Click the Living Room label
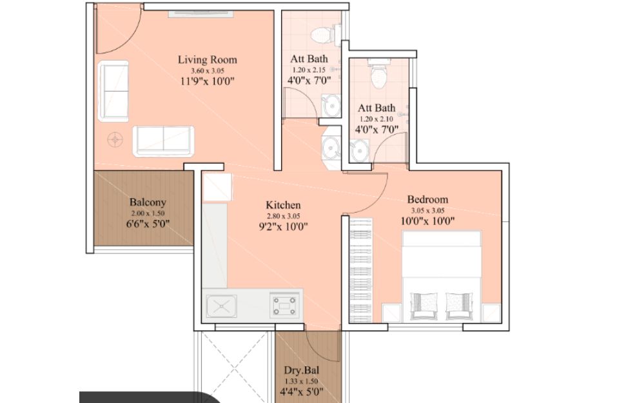pyautogui.click(x=208, y=60)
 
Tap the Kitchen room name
pyautogui.click(x=283, y=205)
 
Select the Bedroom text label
pyautogui.click(x=427, y=199)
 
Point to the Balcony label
pyautogui.click(x=148, y=202)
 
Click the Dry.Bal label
pyautogui.click(x=302, y=370)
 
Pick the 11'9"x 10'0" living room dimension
pyautogui.click(x=208, y=81)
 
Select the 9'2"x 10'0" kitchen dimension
pyautogui.click(x=283, y=227)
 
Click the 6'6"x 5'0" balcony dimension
pyautogui.click(x=148, y=224)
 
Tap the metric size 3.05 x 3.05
pyautogui.click(x=427, y=211)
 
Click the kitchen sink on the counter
pyautogui.click(x=222, y=306)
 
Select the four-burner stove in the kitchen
pyautogui.click(x=284, y=305)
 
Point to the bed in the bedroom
pyautogui.click(x=442, y=276)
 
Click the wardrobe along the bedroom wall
pyautogui.click(x=361, y=270)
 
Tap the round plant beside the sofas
pyautogui.click(x=115, y=140)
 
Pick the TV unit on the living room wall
pyautogui.click(x=201, y=14)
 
